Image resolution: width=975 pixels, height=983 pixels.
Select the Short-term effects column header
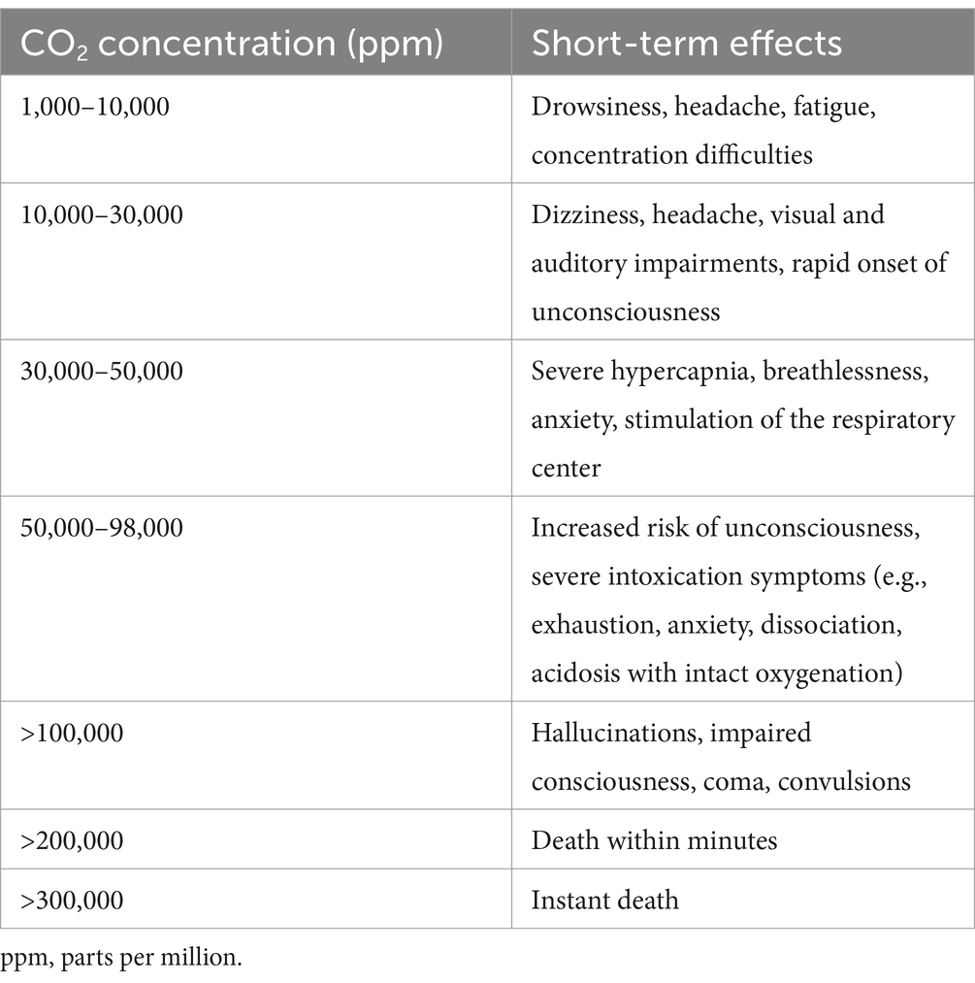pyautogui.click(x=686, y=43)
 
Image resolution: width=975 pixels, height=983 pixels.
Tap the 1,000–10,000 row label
pyautogui.click(x=95, y=107)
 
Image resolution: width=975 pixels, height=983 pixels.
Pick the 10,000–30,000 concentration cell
pyautogui.click(x=102, y=214)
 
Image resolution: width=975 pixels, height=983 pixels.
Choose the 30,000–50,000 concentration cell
pyautogui.click(x=102, y=371)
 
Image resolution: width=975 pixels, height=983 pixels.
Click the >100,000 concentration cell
pyautogui.click(x=73, y=733)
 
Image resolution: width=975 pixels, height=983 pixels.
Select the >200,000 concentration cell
pyautogui.click(x=73, y=839)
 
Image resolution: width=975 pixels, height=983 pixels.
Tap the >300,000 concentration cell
pyautogui.click(x=73, y=900)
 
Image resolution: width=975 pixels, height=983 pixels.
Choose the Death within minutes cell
pyautogui.click(x=654, y=839)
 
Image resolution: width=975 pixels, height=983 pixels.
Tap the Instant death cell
pyautogui.click(x=604, y=900)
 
